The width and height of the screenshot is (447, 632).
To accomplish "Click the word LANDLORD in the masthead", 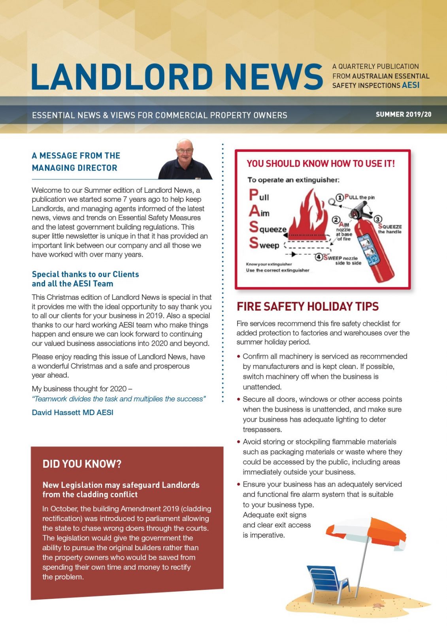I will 122,76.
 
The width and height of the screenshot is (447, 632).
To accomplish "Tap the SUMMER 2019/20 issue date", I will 403,115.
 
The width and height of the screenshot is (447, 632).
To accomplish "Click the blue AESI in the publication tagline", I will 411,85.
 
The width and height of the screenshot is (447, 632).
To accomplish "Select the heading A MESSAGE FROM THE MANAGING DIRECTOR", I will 75,162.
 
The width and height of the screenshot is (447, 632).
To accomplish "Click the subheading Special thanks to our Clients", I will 85,274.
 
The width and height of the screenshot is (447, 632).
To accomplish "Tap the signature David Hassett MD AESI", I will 72,412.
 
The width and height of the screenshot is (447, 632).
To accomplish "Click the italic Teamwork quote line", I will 119,399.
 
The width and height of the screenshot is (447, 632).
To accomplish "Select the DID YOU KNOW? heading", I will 82,464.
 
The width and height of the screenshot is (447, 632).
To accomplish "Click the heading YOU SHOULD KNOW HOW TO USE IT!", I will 321,164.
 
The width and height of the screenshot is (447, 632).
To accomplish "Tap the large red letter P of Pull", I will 253,195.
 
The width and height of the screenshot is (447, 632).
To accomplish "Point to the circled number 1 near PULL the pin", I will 339,197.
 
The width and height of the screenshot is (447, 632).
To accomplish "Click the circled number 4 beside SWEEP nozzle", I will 319,257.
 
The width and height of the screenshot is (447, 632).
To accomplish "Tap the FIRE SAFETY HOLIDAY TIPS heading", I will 307,307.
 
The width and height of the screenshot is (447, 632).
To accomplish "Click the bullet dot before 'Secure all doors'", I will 239,399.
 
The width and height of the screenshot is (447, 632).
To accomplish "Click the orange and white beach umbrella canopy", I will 368,532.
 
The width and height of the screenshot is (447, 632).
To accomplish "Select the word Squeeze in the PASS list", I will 268,228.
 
